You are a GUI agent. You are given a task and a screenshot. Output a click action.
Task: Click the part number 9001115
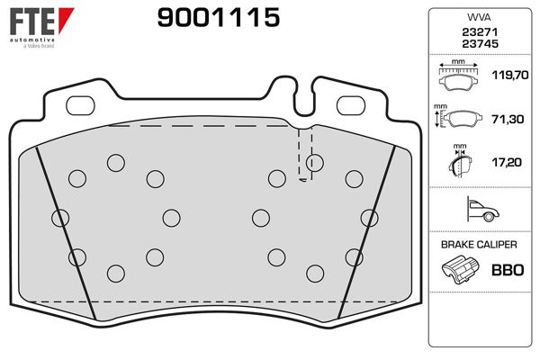tap(219, 17)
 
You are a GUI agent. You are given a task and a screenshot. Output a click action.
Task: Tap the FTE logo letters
tap(32, 22)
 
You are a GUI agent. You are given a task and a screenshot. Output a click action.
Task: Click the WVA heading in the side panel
tap(479, 17)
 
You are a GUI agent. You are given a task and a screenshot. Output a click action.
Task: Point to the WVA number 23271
tap(480, 32)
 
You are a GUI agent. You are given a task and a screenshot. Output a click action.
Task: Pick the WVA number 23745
tap(480, 44)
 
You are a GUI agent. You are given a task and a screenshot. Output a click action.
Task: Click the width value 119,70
tap(509, 75)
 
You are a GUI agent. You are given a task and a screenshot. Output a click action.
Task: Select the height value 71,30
tap(508, 119)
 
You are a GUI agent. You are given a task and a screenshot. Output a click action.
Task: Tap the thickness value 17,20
tap(506, 162)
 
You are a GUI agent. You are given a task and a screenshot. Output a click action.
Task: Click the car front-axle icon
tap(482, 209)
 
